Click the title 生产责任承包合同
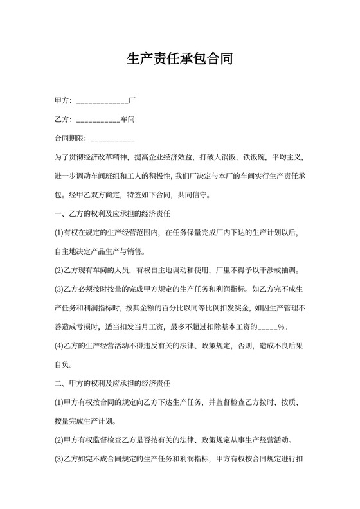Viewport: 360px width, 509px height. (x=179, y=60)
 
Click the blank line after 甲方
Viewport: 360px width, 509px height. (x=102, y=102)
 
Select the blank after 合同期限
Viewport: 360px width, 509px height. (x=113, y=138)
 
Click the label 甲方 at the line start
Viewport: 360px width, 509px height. (x=62, y=102)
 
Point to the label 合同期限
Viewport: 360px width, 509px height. (x=69, y=138)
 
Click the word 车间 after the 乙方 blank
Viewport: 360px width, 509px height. (x=127, y=120)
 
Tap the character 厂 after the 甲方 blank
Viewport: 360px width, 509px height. (x=132, y=102)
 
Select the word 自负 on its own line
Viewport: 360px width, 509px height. (x=62, y=365)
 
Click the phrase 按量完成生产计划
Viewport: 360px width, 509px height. (x=85, y=422)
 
